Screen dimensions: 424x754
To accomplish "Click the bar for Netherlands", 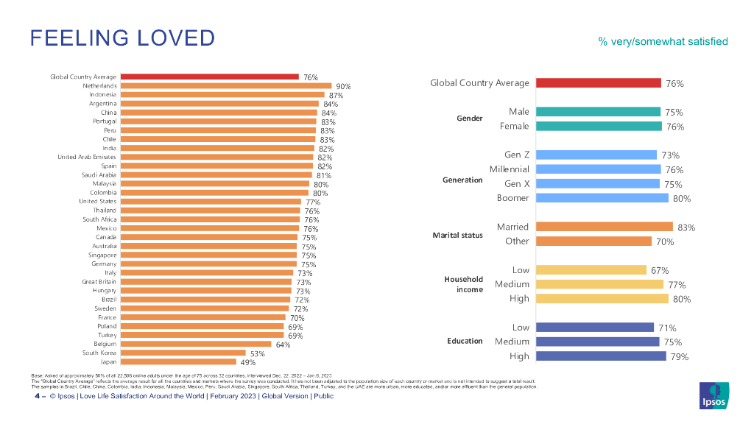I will [x=226, y=85].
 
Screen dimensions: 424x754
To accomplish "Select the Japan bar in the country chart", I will [x=178, y=361].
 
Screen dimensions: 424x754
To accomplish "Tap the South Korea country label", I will [x=99, y=353].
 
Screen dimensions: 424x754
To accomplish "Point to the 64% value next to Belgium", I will [x=283, y=344].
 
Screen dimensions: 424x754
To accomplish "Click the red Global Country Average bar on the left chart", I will [x=209, y=76].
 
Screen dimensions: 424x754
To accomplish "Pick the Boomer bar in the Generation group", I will [x=602, y=198].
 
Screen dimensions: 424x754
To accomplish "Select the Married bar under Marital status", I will [x=604, y=227].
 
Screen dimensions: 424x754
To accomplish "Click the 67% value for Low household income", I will [x=660, y=270].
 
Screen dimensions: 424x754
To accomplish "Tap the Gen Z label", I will [x=517, y=155].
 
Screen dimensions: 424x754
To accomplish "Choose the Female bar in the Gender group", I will [x=598, y=126].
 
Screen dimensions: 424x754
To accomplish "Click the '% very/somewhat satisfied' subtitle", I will [x=663, y=41].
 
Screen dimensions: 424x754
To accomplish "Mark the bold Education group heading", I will [x=465, y=342].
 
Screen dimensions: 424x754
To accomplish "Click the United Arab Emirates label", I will [x=87, y=157].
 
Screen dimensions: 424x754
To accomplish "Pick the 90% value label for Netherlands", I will [x=343, y=86].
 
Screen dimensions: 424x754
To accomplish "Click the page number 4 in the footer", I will [x=37, y=396].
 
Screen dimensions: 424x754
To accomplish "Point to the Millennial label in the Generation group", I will [x=510, y=169].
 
